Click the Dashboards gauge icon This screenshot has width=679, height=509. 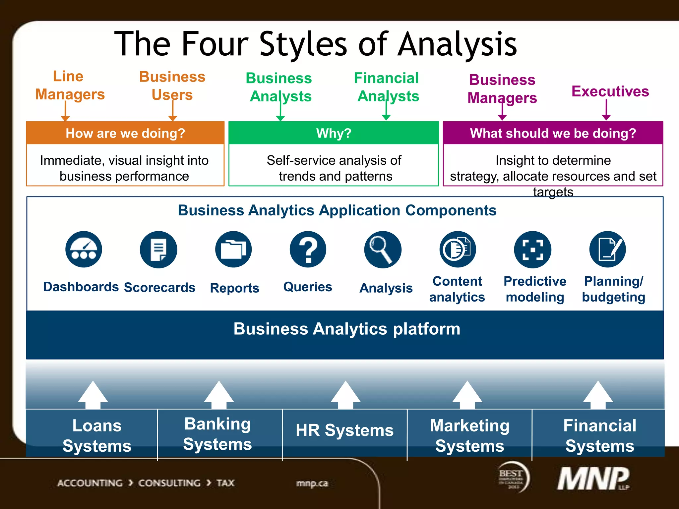(84, 249)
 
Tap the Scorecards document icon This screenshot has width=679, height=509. (158, 249)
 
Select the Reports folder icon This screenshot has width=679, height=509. (233, 249)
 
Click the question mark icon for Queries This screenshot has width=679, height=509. (308, 249)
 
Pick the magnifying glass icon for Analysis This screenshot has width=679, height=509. (383, 249)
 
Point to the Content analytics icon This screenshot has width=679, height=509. (458, 249)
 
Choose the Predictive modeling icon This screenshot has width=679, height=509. (532, 249)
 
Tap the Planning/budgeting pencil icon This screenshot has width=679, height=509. (607, 249)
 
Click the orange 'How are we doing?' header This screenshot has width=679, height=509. (125, 133)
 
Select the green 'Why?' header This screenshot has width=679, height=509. (334, 133)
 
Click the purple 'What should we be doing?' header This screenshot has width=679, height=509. (553, 133)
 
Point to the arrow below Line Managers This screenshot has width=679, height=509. (65, 111)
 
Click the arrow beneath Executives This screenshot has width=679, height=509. (606, 110)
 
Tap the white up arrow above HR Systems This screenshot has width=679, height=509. (345, 394)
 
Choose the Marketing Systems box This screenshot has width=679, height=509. (469, 435)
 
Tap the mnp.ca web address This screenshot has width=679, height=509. (312, 483)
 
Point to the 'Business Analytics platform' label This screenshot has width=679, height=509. (347, 329)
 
